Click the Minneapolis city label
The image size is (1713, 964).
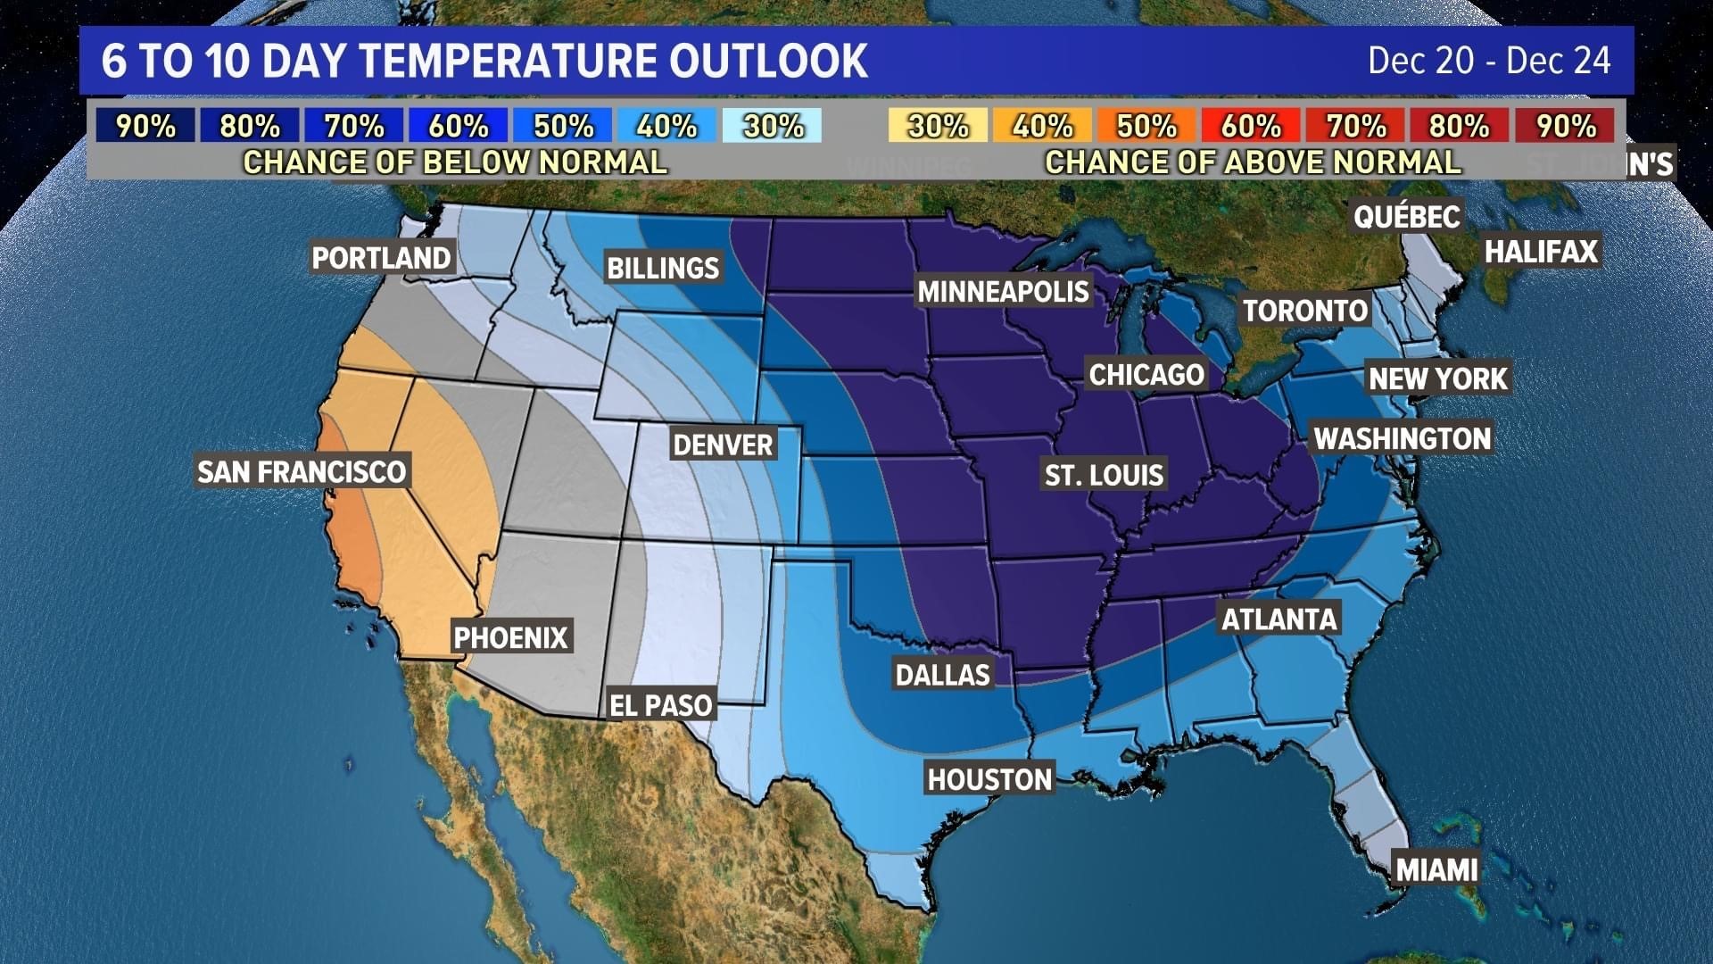(1004, 291)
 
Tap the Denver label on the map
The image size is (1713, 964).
(723, 445)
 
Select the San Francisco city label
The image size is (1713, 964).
(302, 471)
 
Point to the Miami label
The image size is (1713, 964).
(1436, 869)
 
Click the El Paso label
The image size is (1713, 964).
(660, 705)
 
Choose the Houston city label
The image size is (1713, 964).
(989, 779)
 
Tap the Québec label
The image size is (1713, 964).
(1406, 216)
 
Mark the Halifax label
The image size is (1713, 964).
(1541, 252)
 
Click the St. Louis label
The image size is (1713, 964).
(1104, 475)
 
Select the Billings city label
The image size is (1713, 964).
(663, 268)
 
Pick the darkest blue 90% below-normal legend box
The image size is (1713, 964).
(145, 126)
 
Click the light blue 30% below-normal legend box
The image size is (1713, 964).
(773, 126)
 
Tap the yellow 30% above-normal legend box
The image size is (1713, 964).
(938, 126)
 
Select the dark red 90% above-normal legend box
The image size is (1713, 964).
(1566, 126)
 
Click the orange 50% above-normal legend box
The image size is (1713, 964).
(1146, 126)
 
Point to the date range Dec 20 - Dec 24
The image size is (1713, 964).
(1489, 61)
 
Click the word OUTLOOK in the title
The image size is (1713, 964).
(768, 61)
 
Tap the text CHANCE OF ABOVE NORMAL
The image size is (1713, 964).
(1253, 162)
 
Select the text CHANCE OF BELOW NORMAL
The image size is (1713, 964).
(455, 162)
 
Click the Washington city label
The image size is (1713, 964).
(1402, 438)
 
